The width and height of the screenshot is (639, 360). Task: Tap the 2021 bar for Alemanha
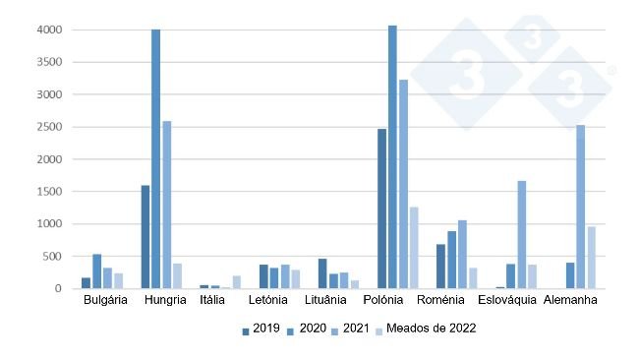581,207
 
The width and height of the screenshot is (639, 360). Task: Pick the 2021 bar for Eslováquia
522,235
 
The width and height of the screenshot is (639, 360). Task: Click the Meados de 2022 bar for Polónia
414,248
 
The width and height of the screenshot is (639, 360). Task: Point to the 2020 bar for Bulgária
96,271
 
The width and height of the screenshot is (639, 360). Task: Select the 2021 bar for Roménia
462,255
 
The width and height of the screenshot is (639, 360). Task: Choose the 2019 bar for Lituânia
322,273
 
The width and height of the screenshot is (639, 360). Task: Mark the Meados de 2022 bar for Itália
236,282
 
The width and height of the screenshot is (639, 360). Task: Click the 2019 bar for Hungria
145,237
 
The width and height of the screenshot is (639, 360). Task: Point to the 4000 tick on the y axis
51,30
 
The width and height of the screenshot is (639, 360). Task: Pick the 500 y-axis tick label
54,257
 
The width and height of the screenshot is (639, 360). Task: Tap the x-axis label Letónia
268,300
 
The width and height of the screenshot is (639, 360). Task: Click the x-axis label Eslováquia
507,300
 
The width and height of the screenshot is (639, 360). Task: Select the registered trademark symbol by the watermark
611,71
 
